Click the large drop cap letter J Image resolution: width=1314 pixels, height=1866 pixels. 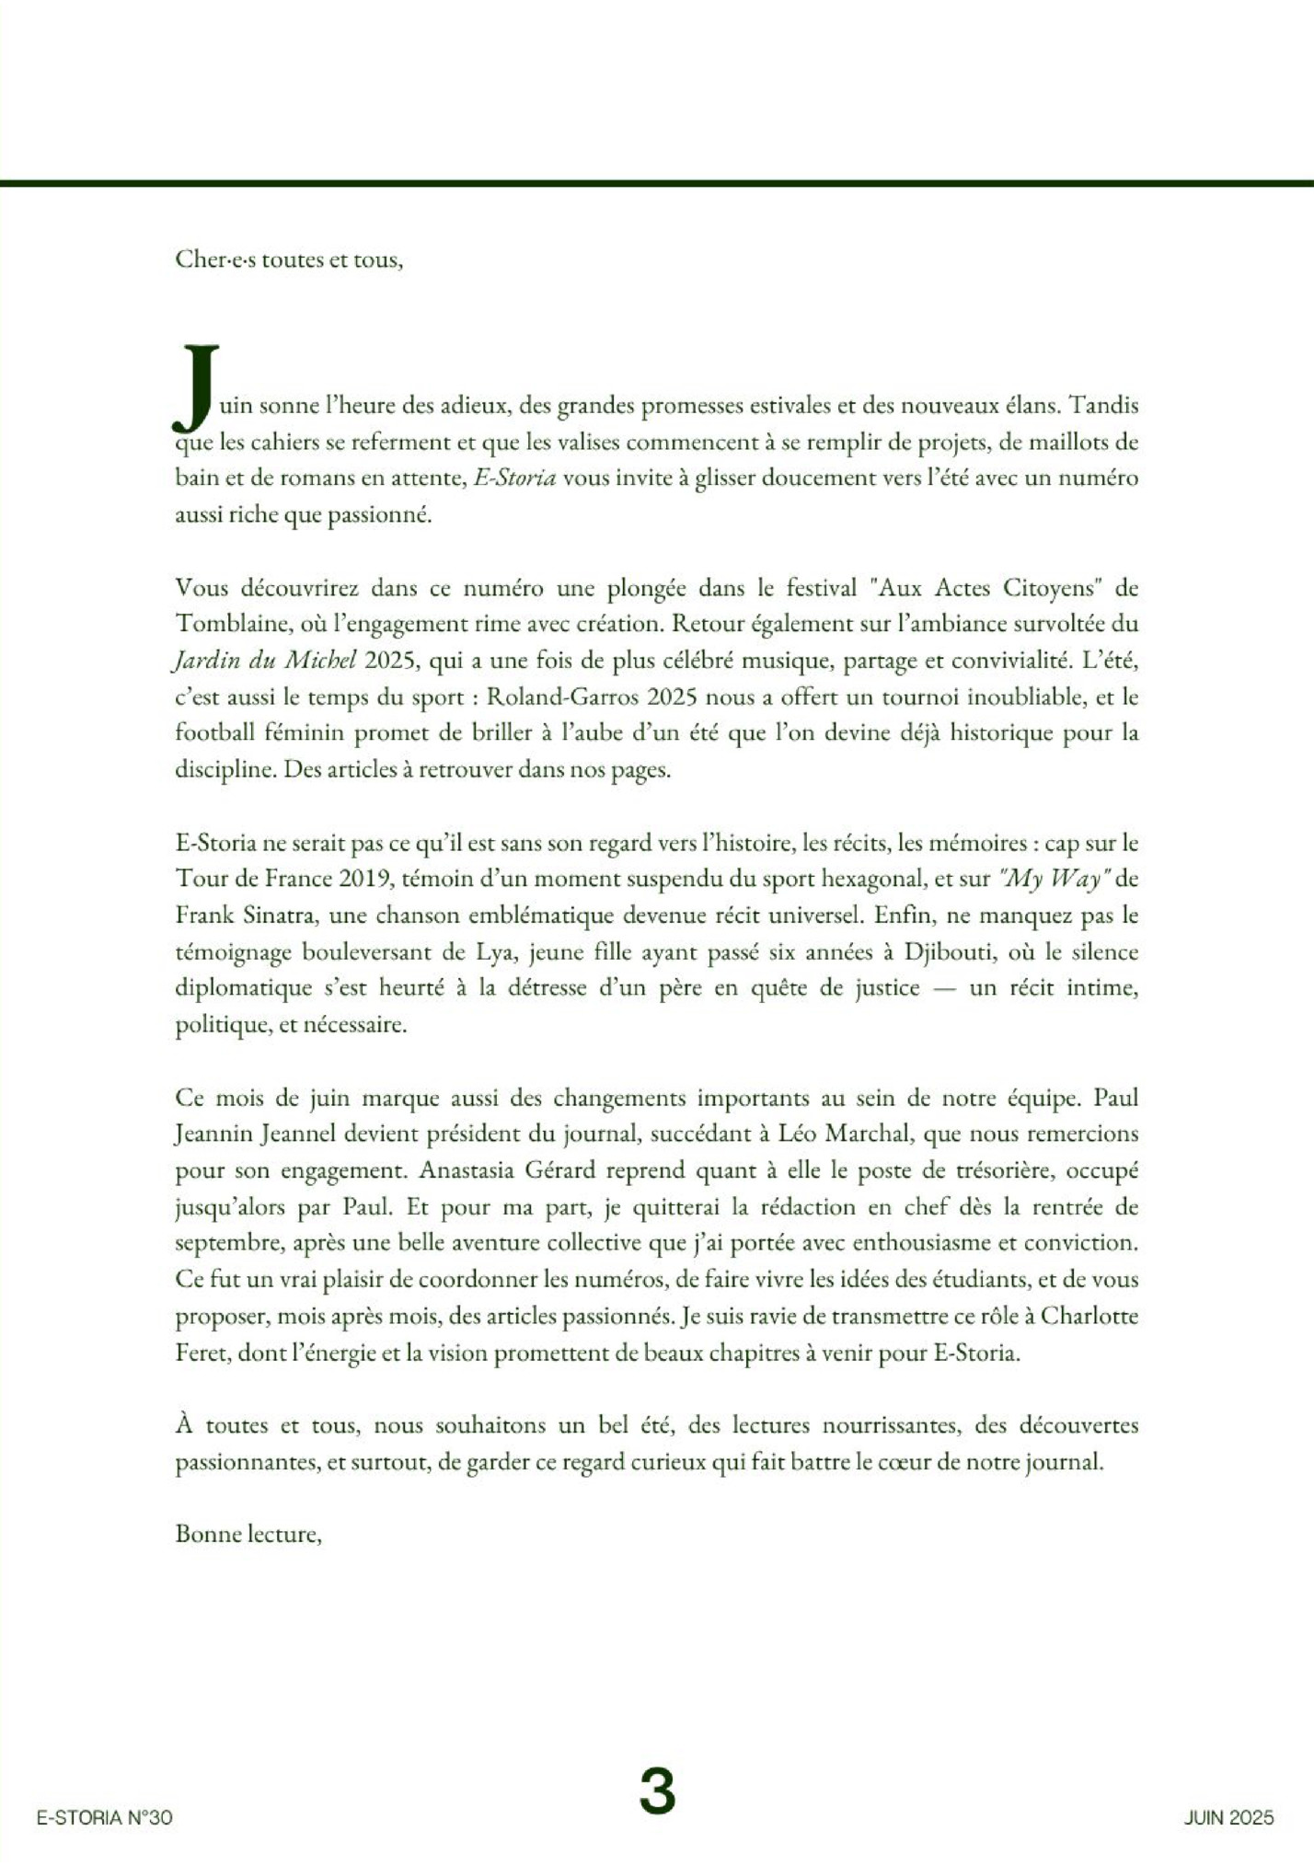click(x=195, y=388)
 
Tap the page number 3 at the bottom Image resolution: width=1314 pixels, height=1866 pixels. click(x=657, y=1790)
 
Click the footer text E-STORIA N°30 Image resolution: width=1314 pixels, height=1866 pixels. click(x=104, y=1817)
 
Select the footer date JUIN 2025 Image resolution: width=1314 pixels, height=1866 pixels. click(x=1228, y=1817)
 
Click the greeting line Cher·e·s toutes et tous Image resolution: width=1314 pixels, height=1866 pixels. click(x=289, y=259)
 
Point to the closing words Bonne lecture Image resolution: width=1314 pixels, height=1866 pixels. click(x=248, y=1534)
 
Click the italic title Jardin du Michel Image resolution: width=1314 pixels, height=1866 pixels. click(x=265, y=661)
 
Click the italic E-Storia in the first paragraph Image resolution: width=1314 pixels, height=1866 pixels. click(x=514, y=478)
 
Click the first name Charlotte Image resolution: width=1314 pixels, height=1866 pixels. click(x=1089, y=1316)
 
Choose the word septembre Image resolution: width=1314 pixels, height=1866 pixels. click(x=229, y=1243)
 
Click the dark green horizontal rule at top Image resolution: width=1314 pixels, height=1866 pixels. click(x=657, y=183)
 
